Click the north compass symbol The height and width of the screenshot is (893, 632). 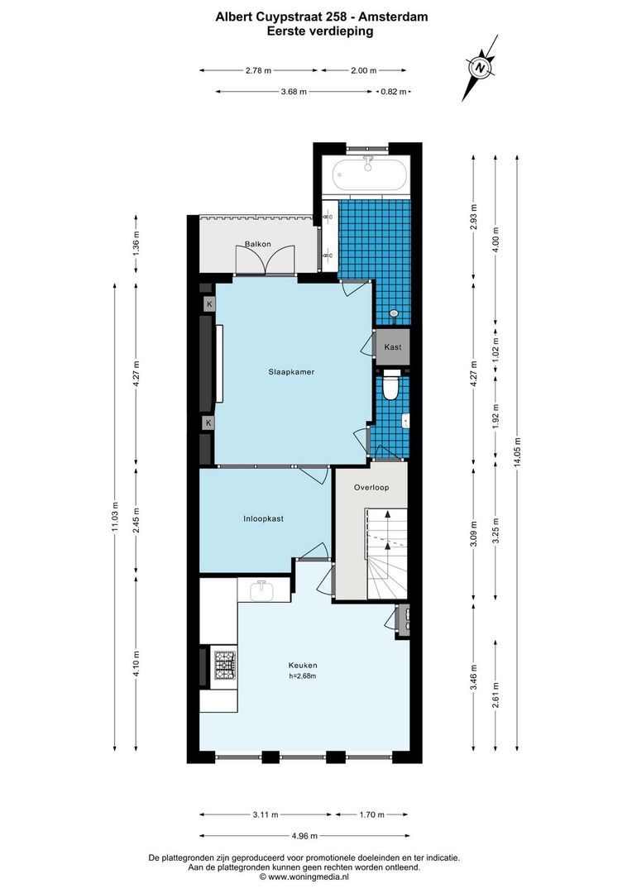coord(479,67)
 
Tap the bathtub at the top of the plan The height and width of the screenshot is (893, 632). coord(369,175)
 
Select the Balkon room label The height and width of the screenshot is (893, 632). coord(258,244)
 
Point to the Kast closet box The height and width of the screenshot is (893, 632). coord(393,346)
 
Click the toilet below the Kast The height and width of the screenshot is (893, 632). coord(390,387)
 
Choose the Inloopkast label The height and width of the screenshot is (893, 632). coord(264,519)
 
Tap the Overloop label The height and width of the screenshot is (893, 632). coord(371,488)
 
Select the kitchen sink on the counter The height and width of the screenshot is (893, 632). coord(262,590)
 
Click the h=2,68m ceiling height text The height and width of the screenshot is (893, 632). coord(303,676)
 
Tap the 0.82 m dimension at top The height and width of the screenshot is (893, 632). coord(392,92)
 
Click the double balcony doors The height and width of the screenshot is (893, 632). coord(265,260)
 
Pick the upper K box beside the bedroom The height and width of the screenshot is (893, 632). coord(209,304)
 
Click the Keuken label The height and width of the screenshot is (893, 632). coord(303,665)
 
